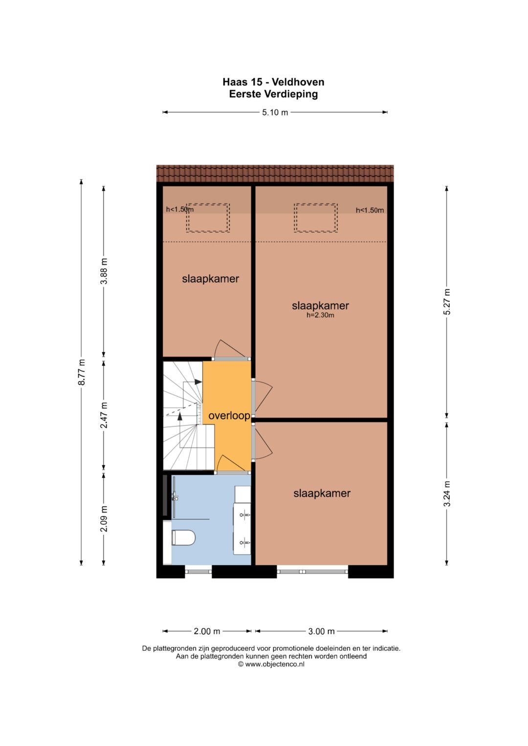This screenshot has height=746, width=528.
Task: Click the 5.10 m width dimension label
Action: coord(275,112)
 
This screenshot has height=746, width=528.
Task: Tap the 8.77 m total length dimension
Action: coord(82,372)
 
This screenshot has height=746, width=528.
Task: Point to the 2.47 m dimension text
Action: coord(104,415)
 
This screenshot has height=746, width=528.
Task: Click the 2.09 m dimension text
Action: coord(104,519)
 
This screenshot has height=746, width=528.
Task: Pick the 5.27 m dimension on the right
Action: coord(447,301)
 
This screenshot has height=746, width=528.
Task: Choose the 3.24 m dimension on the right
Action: coord(447,493)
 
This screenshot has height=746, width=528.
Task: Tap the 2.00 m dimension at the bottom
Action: coord(207,631)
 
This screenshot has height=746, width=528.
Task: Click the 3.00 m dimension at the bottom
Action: coord(321,631)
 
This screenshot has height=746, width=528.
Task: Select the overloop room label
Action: coord(229,416)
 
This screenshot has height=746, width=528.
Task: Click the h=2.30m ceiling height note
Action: coord(320,315)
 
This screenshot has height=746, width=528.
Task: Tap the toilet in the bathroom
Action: coord(183,537)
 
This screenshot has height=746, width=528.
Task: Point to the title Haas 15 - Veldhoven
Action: coord(273,82)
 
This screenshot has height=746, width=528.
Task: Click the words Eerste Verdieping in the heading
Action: coord(273,94)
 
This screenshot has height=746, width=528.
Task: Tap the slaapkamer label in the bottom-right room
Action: coord(322,493)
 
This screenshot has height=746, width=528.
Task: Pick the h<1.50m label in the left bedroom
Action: coord(180,210)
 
